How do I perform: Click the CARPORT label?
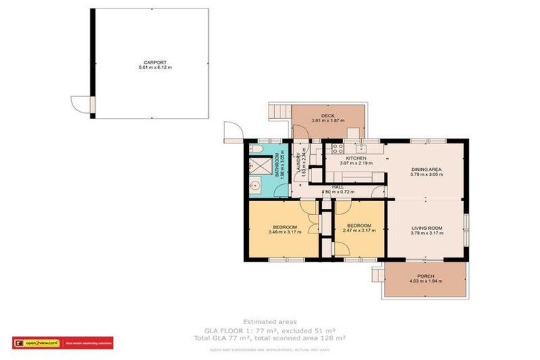[153, 62]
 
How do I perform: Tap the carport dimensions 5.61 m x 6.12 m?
[153, 67]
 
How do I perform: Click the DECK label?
[328, 115]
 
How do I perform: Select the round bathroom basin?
[255, 186]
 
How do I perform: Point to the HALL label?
[337, 187]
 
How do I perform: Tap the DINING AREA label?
[425, 169]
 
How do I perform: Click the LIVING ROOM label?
[425, 228]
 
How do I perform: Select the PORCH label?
[425, 276]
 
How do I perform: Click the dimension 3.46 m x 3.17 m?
[283, 233]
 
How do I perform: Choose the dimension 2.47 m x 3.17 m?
[358, 233]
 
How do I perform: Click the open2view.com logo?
[37, 343]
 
